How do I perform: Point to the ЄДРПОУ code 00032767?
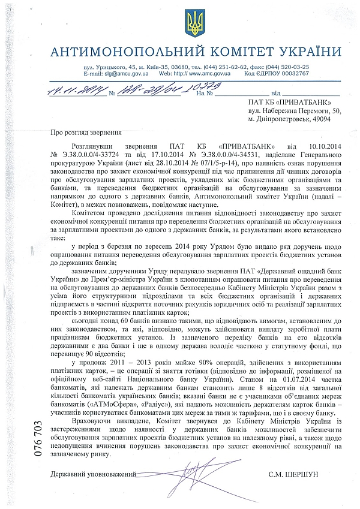[x=289, y=73]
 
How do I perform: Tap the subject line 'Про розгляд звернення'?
[x=87, y=132]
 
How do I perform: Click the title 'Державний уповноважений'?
[x=93, y=474]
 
